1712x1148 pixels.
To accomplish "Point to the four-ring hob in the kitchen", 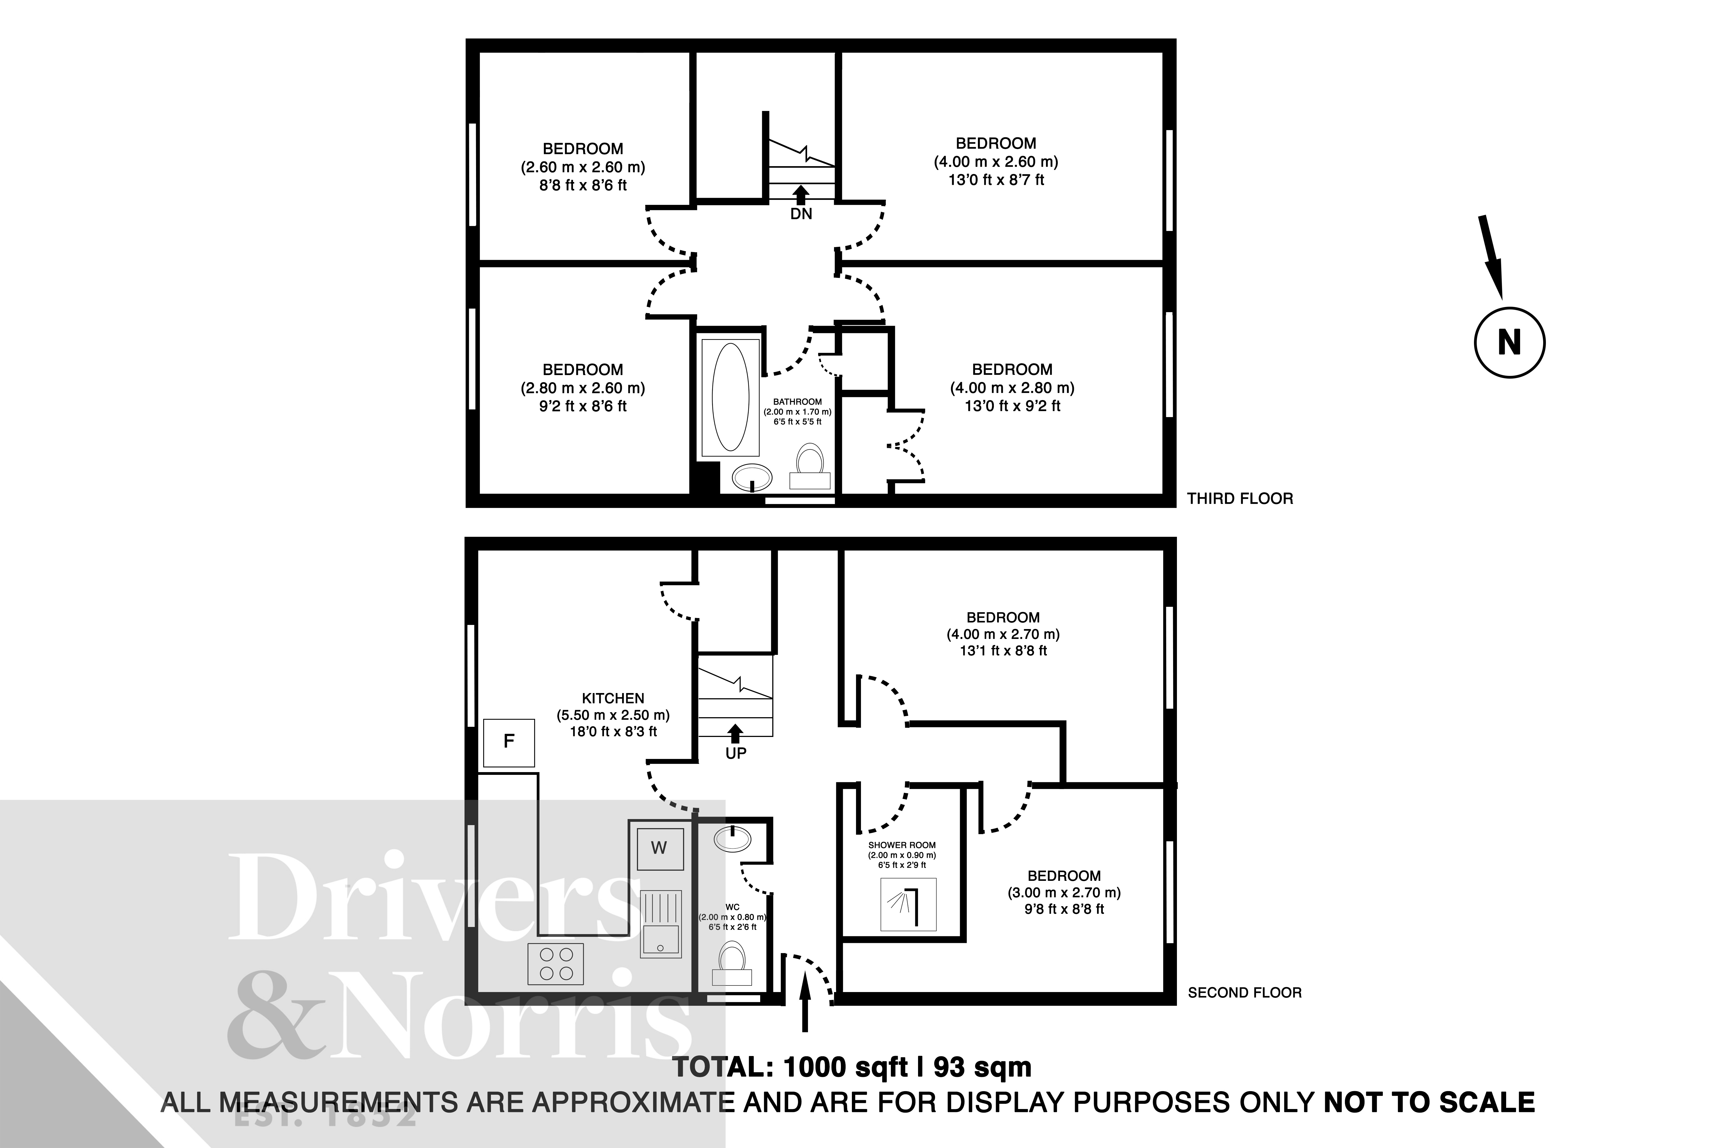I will point(556,963).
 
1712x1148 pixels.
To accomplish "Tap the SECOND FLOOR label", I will point(1244,993).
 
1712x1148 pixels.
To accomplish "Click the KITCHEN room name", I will point(613,699).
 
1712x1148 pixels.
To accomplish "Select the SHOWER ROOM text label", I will point(902,845).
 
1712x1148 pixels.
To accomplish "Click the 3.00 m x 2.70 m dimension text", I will point(1064,892).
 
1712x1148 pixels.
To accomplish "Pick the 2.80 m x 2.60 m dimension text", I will point(583,388).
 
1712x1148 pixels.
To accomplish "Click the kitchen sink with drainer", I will point(661,924).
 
